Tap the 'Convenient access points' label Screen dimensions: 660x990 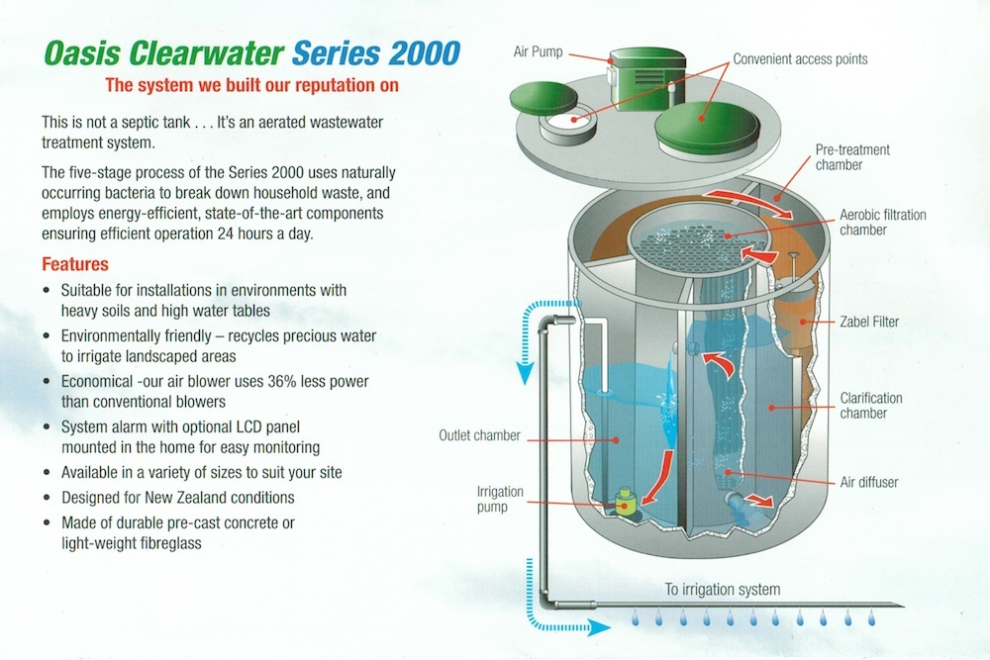click(x=800, y=59)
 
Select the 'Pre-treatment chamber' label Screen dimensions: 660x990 click(x=852, y=157)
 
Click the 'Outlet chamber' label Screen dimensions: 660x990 click(x=479, y=435)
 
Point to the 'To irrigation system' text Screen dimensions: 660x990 click(x=723, y=590)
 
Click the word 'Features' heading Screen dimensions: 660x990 click(x=75, y=265)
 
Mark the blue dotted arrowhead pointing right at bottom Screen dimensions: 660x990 click(x=602, y=625)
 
